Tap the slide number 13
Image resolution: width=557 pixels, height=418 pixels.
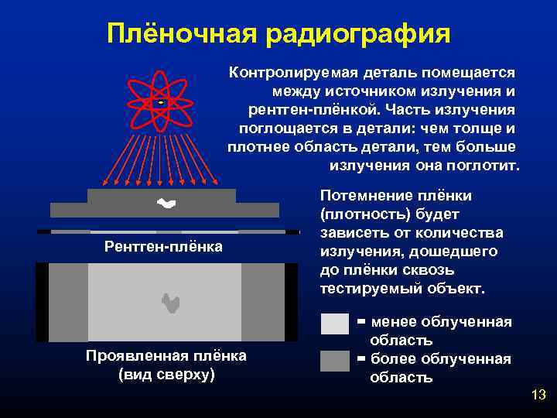[538, 396]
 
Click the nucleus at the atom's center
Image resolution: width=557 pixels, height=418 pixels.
[160, 101]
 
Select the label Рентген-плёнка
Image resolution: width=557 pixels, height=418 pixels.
[164, 247]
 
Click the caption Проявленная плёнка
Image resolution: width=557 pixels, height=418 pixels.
[166, 356]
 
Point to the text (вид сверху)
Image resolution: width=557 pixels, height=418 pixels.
[166, 375]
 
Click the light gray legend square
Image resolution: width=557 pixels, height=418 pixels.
[335, 324]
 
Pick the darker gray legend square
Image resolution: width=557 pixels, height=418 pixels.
[335, 361]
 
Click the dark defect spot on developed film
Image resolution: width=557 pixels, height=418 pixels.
[170, 303]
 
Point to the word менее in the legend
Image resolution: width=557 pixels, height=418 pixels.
[395, 322]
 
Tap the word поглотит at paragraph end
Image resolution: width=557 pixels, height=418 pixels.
[487, 166]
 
